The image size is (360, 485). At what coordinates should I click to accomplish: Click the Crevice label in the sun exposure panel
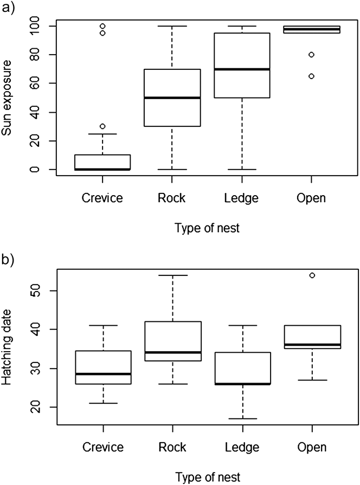tap(103, 198)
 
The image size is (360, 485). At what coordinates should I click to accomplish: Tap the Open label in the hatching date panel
tap(312, 448)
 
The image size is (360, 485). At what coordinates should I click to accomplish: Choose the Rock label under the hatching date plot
tap(172, 448)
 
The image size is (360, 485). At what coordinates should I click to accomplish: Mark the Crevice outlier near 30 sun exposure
tap(102, 126)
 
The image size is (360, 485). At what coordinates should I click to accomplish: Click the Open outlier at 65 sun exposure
tap(312, 76)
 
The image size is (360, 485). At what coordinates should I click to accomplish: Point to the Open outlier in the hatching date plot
tap(312, 275)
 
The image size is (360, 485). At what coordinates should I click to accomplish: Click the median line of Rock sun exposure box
tap(172, 98)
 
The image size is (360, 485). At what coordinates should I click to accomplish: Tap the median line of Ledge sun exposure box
tap(242, 69)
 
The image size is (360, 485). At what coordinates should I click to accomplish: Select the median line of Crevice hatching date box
tap(102, 374)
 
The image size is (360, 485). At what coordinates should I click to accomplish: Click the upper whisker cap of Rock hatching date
tap(172, 275)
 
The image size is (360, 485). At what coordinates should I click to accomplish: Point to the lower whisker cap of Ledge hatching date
tap(242, 419)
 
